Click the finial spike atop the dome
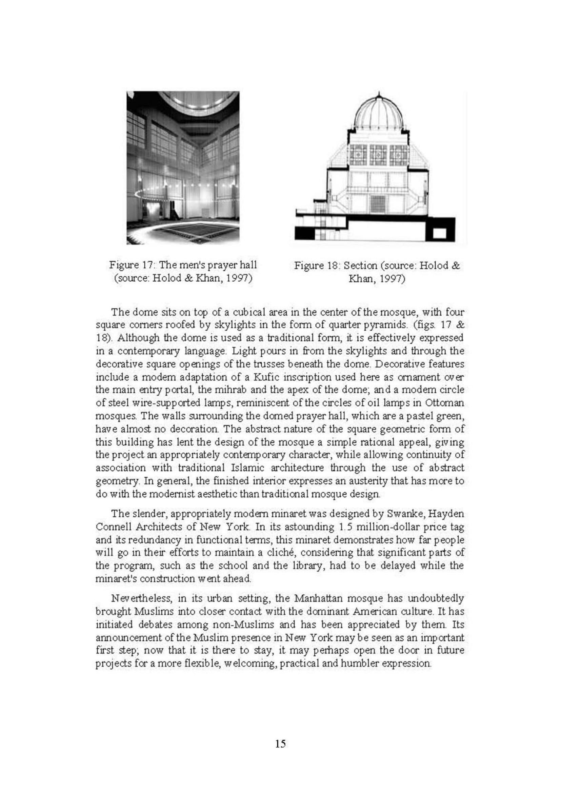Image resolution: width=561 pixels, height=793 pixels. [379, 94]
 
